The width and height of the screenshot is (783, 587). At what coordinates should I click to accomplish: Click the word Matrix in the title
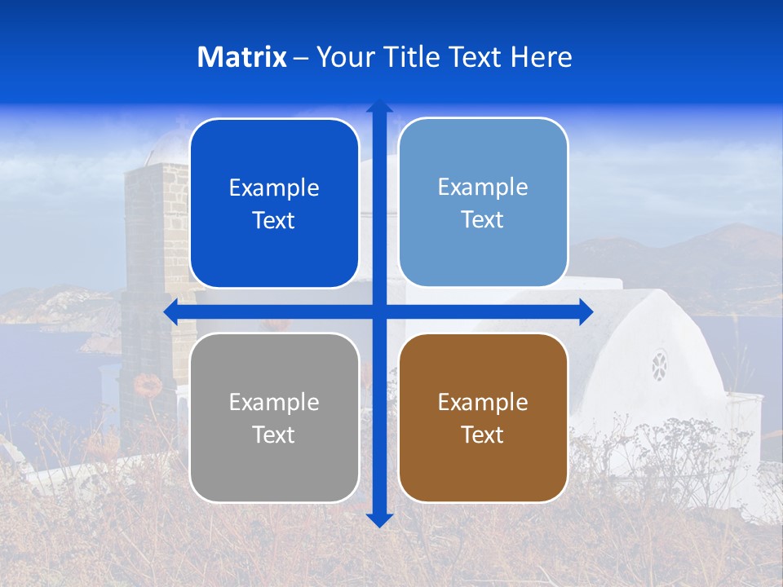pos(241,57)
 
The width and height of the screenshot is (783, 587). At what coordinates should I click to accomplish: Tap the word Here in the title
pos(541,57)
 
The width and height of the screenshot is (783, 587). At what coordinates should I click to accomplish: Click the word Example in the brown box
pos(483,402)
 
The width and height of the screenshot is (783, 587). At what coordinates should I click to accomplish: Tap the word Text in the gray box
pos(273,435)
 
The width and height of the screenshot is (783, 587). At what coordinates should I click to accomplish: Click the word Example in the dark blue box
pos(274,188)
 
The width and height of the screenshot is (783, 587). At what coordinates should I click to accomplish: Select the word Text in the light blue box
pos(482,220)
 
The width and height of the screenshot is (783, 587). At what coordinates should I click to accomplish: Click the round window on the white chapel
pos(659,366)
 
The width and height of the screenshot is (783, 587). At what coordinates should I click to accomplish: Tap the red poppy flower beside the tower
pos(148,384)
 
